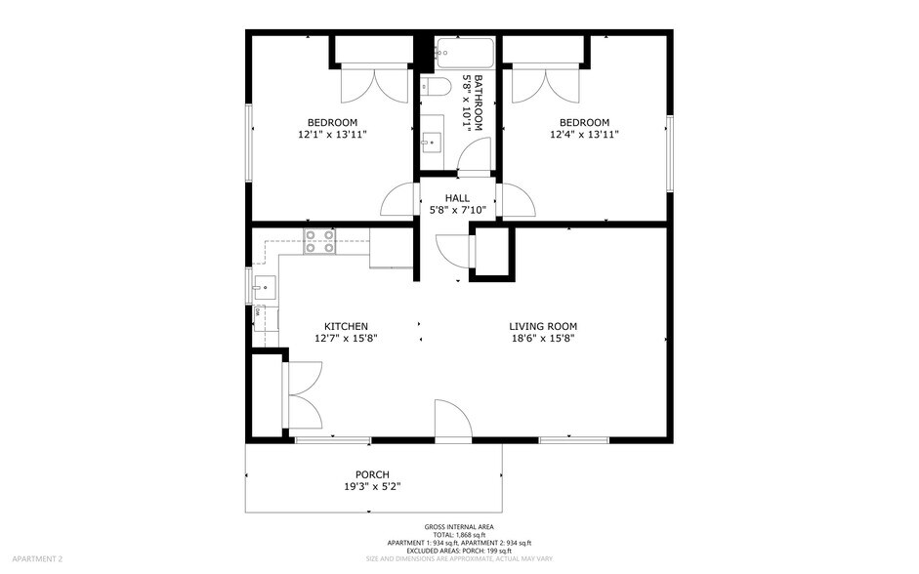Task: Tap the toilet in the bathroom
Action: click(x=436, y=88)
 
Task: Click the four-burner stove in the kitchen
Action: click(x=319, y=241)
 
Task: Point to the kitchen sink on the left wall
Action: click(x=264, y=288)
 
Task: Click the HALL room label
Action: click(x=457, y=198)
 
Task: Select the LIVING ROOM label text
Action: click(x=542, y=326)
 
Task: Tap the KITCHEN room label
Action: click(x=346, y=326)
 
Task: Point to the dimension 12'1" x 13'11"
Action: click(x=332, y=135)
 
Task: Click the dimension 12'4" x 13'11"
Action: click(x=584, y=135)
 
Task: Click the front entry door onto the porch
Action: click(x=453, y=419)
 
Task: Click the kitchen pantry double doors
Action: click(x=302, y=395)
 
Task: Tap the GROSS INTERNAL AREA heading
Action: click(x=458, y=526)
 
